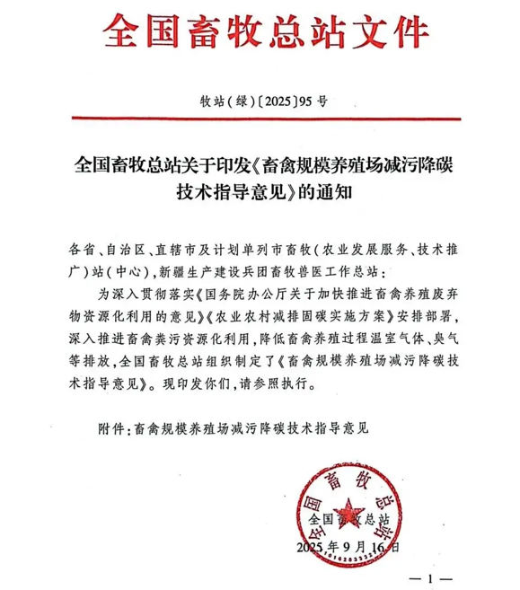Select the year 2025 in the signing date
coord(312,547)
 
